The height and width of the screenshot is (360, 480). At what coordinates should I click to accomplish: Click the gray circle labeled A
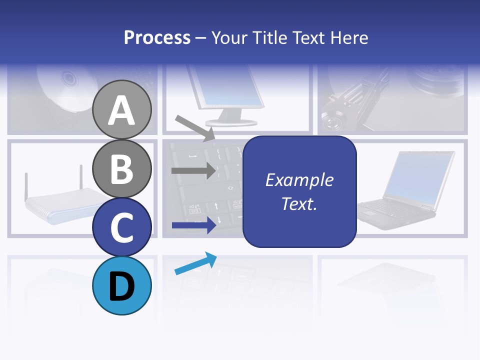[x=122, y=109]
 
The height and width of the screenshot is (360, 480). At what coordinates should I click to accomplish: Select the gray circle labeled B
[x=122, y=168]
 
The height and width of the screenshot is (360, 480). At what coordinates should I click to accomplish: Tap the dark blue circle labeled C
[x=122, y=227]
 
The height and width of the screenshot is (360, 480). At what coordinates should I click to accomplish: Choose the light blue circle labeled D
[x=122, y=285]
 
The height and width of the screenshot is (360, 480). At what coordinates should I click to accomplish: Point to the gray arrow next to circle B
[x=193, y=171]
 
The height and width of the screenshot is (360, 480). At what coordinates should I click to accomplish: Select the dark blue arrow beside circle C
[x=193, y=225]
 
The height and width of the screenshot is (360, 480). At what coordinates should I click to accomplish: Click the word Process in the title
[x=157, y=37]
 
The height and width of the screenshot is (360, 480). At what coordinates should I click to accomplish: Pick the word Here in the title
[x=348, y=37]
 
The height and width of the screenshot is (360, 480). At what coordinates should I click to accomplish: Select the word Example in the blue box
[x=299, y=180]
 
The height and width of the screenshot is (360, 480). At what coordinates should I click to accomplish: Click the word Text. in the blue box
[x=299, y=203]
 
